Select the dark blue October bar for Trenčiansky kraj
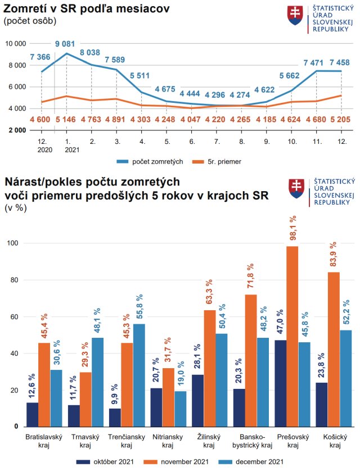(x=114, y=417)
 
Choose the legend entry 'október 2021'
(x=109, y=461)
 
